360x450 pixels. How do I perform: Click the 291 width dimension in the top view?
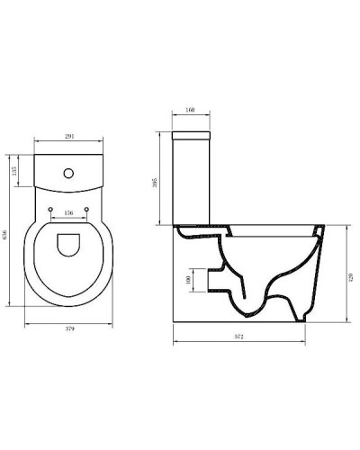pos(68,137)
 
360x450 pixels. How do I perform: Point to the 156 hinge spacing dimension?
pos(68,213)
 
